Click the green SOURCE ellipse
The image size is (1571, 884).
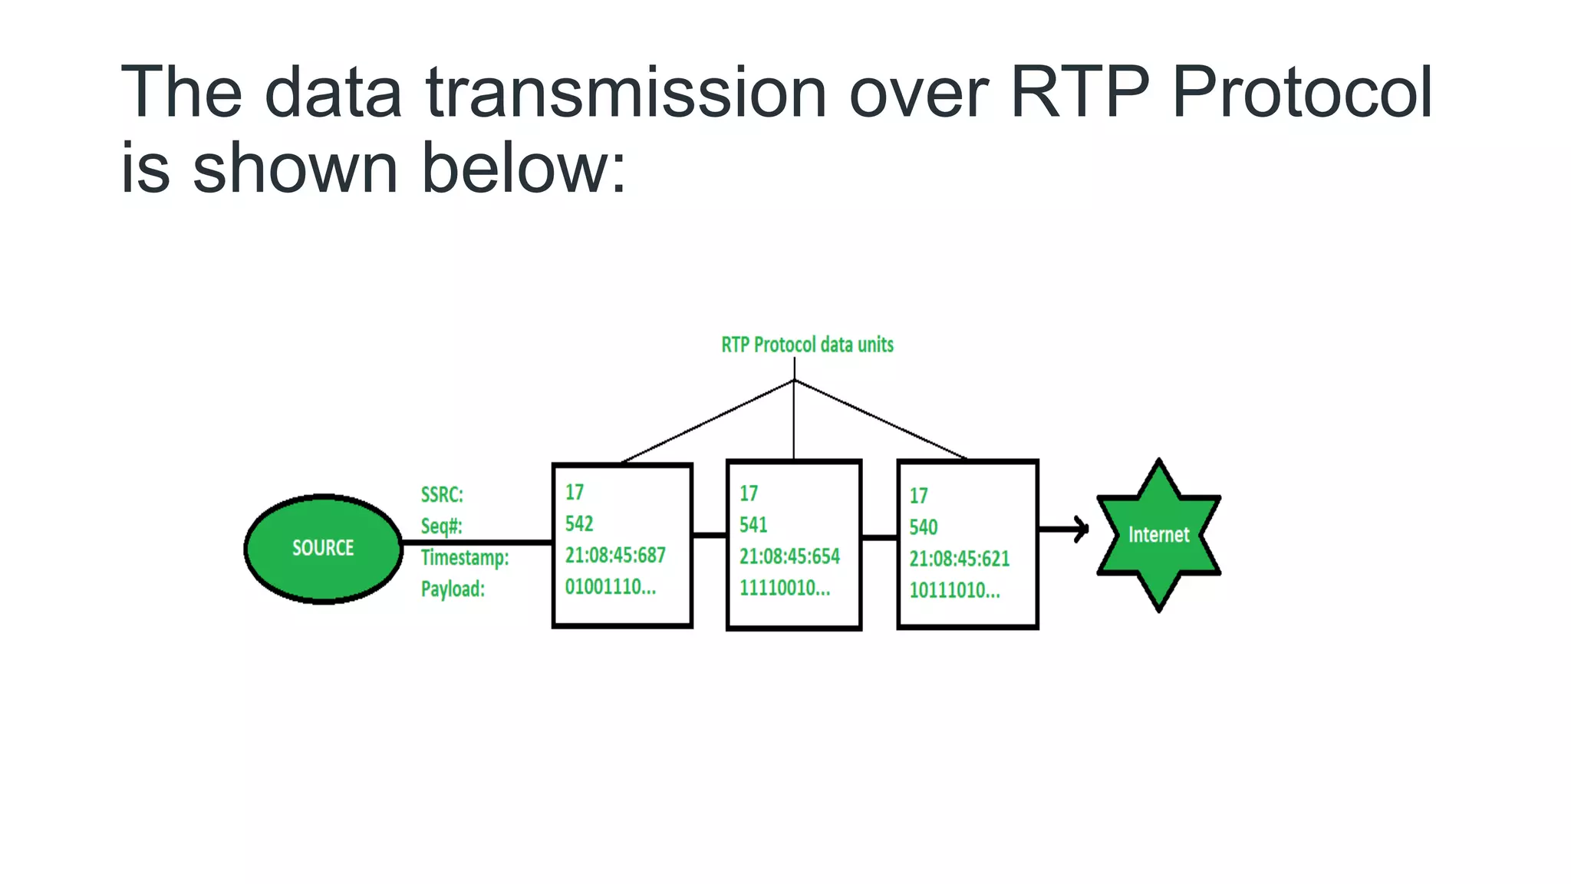(x=323, y=548)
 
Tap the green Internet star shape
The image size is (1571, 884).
(x=1158, y=535)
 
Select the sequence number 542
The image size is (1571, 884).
(x=579, y=523)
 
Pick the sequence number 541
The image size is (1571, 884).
(x=753, y=525)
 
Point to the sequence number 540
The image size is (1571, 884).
(x=923, y=527)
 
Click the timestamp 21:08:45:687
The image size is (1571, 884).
(x=615, y=555)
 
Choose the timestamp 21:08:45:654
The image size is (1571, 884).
(x=789, y=556)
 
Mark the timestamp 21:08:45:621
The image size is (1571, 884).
(x=959, y=559)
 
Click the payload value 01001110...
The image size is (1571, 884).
(x=610, y=587)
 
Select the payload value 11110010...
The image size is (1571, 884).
(x=784, y=589)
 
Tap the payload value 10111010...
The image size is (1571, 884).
(x=954, y=590)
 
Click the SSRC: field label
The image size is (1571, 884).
(x=442, y=495)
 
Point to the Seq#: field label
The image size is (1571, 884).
(x=441, y=526)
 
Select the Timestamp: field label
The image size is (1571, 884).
(x=464, y=558)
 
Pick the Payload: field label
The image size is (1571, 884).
(x=453, y=589)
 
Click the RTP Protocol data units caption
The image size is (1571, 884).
(x=807, y=345)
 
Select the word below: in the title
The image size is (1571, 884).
(x=523, y=168)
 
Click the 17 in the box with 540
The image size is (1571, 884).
(x=918, y=496)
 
